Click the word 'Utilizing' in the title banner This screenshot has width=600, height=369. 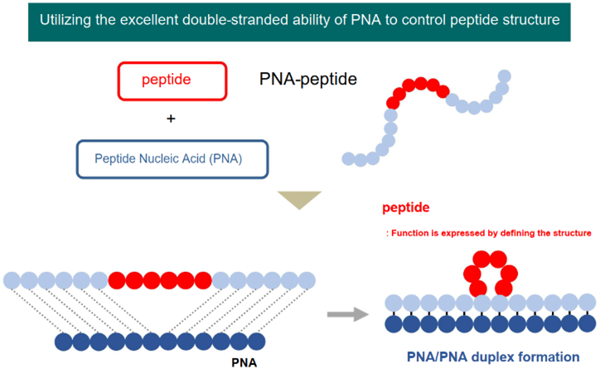(x=65, y=20)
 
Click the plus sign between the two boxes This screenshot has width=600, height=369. (x=171, y=119)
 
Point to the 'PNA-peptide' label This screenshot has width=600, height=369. (x=308, y=80)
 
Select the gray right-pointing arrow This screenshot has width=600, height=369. (x=348, y=314)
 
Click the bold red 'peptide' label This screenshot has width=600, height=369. (x=405, y=207)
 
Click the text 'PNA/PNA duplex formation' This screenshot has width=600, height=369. (x=493, y=357)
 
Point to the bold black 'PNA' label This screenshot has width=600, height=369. (x=244, y=362)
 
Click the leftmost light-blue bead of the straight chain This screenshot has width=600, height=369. (x=12, y=280)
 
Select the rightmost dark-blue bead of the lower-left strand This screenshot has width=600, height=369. (x=257, y=342)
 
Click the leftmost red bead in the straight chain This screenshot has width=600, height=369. (x=117, y=280)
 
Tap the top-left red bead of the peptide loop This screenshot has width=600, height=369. (x=481, y=260)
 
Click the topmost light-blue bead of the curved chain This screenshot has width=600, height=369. (x=505, y=76)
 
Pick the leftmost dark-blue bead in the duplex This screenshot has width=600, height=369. (x=394, y=324)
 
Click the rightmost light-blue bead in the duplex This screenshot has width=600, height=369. (x=588, y=303)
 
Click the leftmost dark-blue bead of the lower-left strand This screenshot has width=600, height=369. (x=64, y=342)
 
